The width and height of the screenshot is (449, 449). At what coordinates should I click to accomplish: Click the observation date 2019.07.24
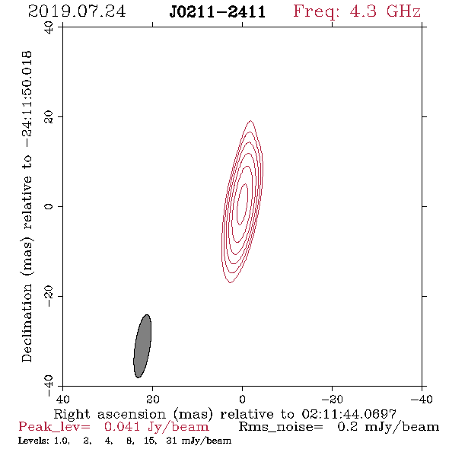click(x=77, y=11)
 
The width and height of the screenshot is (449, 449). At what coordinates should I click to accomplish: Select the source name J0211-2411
click(x=218, y=12)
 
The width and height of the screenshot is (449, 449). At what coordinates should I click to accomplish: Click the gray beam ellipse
click(x=142, y=346)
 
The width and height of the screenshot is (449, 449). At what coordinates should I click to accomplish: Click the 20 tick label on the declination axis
click(x=49, y=117)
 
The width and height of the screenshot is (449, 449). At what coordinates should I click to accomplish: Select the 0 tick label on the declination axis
click(x=49, y=206)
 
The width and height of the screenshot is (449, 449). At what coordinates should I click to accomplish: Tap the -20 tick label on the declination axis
click(x=49, y=296)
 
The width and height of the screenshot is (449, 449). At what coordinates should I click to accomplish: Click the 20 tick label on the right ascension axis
click(x=153, y=400)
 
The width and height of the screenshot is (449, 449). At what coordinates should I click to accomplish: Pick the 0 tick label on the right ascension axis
click(x=242, y=400)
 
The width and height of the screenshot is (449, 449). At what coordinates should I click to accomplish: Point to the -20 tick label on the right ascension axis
click(x=332, y=400)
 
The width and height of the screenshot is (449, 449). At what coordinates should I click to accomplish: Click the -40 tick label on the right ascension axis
click(x=422, y=400)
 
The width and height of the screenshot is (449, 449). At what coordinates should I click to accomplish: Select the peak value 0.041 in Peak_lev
click(x=123, y=427)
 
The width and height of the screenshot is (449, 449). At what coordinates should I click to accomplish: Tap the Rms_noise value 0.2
click(x=348, y=427)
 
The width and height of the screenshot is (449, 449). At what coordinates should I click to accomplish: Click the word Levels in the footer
click(x=30, y=441)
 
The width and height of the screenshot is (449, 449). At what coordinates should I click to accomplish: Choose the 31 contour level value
click(x=171, y=441)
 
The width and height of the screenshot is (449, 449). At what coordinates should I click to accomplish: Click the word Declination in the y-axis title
click(x=27, y=323)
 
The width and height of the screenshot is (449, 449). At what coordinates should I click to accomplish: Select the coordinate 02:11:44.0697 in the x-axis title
click(x=349, y=414)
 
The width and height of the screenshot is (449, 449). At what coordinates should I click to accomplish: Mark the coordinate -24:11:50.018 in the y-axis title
click(x=27, y=100)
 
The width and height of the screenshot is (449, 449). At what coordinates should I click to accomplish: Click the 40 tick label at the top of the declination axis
click(x=49, y=27)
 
